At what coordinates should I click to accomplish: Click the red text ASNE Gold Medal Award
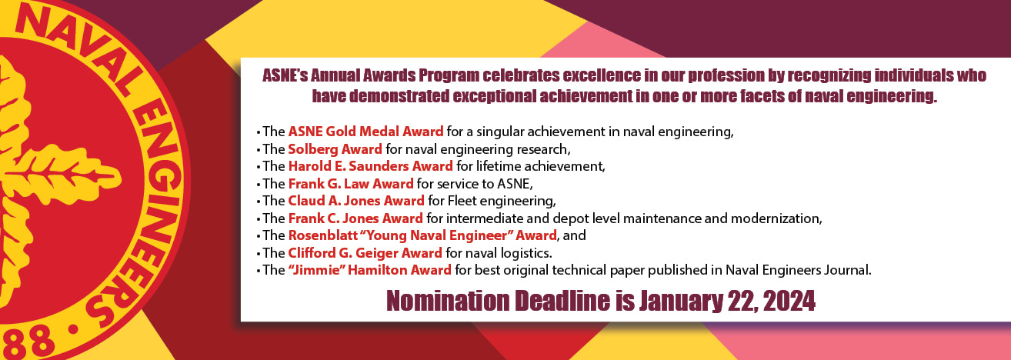[365, 132]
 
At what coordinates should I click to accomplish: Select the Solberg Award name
[335, 149]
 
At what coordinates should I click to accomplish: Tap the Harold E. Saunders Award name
[370, 166]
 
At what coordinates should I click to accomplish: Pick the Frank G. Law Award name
[351, 184]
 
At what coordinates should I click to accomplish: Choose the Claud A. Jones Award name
[356, 200]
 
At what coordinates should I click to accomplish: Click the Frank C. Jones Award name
[355, 218]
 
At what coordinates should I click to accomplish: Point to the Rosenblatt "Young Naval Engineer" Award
[422, 235]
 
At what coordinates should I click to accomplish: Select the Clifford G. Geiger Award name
[365, 252]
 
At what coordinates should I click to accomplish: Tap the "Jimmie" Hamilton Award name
[369, 270]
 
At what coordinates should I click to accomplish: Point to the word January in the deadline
[681, 302]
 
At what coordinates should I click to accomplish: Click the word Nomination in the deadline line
[448, 302]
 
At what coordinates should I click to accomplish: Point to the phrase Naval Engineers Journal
[798, 270]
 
